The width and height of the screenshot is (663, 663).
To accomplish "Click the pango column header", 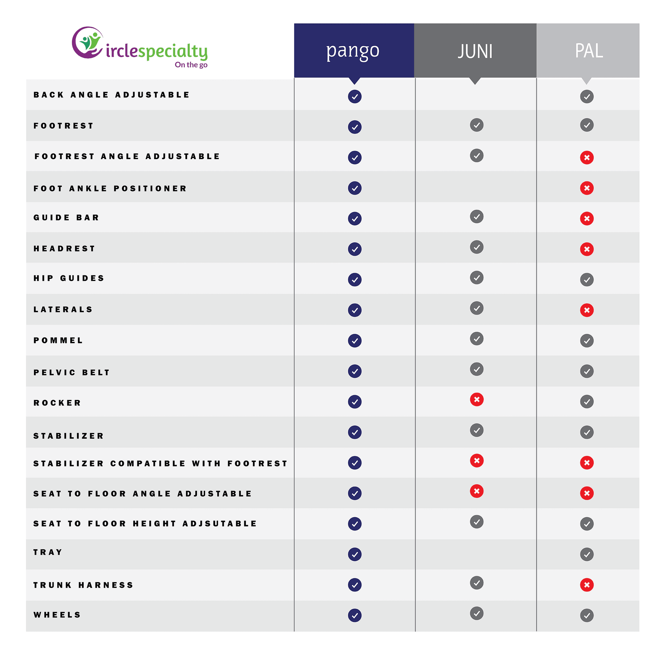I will point(354,51).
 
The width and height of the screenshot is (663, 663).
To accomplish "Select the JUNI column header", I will point(475,51).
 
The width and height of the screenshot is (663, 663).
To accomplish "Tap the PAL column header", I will point(588,51).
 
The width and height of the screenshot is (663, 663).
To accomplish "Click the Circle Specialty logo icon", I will point(88,43).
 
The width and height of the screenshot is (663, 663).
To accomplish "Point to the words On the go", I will point(191,65).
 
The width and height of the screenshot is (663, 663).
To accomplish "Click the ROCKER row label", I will point(57,403).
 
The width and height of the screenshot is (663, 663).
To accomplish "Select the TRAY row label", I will point(48,552).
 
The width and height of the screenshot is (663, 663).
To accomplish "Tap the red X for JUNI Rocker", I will point(477,399).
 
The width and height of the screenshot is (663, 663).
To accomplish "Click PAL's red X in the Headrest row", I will point(587,249).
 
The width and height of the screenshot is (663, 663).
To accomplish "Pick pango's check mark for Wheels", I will point(355,615).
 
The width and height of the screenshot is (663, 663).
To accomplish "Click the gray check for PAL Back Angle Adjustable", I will point(587,96).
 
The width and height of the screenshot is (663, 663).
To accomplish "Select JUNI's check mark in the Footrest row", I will point(477,125).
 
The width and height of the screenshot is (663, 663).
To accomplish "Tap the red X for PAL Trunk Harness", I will point(587,585).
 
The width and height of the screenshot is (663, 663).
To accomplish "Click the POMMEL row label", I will point(58,340).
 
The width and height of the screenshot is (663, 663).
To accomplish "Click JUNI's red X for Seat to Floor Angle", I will point(477,491).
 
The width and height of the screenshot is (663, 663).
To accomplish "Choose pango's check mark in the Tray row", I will point(355,554).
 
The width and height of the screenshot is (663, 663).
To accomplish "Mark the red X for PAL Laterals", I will point(587,310).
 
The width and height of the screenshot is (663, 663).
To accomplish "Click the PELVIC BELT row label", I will point(72,372).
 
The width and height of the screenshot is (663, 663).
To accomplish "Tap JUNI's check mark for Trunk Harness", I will point(477,583).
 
